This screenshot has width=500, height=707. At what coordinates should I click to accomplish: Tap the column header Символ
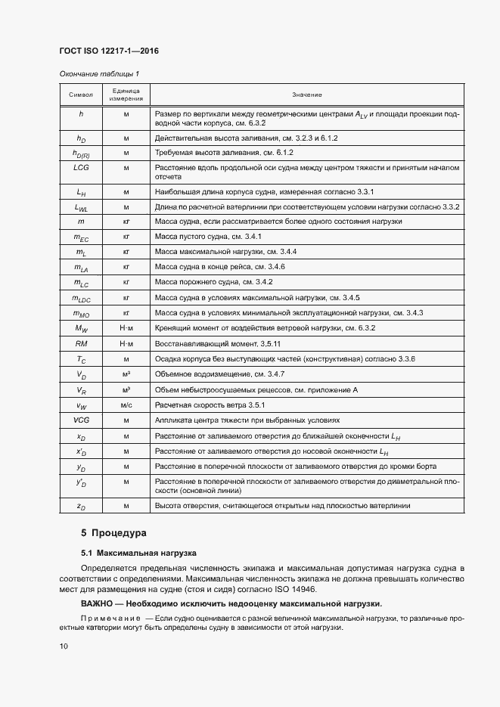(81, 95)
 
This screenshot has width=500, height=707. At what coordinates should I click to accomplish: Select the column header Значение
(307, 95)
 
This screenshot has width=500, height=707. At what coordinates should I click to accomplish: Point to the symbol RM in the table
(81, 343)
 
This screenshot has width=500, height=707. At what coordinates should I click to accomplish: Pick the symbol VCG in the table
(81, 420)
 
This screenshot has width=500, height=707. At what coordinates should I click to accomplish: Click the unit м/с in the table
(126, 405)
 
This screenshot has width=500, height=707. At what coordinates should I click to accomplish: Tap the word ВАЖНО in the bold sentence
(99, 603)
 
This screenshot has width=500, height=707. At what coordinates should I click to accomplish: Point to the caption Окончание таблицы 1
(99, 73)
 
